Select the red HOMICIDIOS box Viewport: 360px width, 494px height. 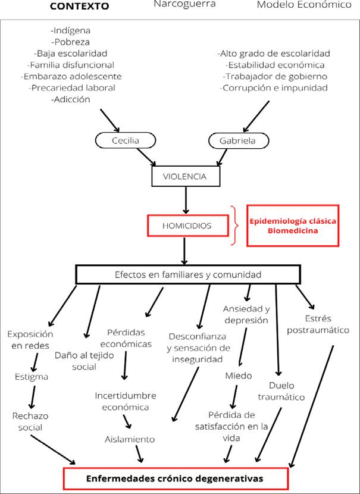point(187,226)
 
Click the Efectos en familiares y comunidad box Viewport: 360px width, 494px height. point(187,274)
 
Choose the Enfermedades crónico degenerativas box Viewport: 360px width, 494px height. point(176,478)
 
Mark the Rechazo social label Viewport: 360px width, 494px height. point(29,421)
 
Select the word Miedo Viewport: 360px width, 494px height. point(238,376)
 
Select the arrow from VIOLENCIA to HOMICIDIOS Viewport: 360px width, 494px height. point(187,199)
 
